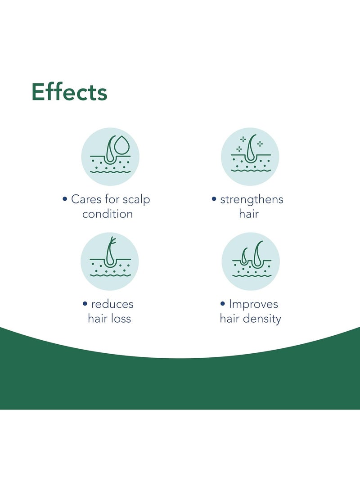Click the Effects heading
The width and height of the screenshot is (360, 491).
click(69, 92)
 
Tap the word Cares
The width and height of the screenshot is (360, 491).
click(86, 199)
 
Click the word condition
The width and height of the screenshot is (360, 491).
click(108, 214)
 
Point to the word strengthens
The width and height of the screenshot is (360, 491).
click(252, 200)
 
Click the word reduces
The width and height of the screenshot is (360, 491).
click(112, 304)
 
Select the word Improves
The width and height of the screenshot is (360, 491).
click(253, 304)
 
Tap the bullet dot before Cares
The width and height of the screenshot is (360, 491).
click(65, 199)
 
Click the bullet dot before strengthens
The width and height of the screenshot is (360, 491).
click(214, 199)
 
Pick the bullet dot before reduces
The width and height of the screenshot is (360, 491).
click(85, 303)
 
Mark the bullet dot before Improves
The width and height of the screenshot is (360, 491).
click(223, 303)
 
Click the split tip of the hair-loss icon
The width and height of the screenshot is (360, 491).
click(112, 241)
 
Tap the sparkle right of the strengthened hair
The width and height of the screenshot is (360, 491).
click(260, 144)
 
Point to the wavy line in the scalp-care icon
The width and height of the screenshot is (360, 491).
click(111, 171)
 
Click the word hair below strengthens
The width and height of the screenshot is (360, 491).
click(249, 214)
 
